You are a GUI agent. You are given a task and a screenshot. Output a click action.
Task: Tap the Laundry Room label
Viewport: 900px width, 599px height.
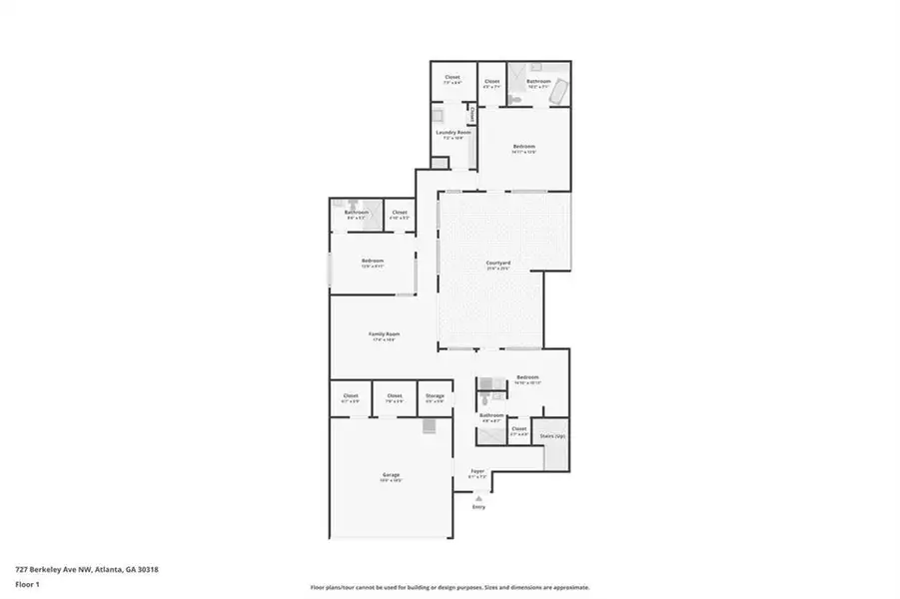(x=452, y=132)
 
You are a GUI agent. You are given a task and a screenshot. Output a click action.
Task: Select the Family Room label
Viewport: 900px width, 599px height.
(x=382, y=334)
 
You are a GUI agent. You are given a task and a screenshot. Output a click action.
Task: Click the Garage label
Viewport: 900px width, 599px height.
(x=390, y=474)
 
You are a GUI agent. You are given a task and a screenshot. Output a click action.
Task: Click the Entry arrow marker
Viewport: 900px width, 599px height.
(x=476, y=505)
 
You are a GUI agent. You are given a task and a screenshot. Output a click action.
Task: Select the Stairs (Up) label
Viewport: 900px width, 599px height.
(x=552, y=436)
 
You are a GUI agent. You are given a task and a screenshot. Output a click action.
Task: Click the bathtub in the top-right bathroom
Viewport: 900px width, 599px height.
(x=560, y=93)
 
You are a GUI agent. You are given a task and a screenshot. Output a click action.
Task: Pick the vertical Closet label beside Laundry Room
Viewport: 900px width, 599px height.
(x=471, y=113)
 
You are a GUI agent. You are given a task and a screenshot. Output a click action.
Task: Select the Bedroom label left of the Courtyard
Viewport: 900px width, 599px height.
(x=372, y=261)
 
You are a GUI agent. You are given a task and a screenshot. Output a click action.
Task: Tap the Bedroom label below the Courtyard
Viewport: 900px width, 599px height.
(x=526, y=377)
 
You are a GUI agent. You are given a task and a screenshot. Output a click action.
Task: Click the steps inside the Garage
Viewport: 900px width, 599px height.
(x=430, y=426)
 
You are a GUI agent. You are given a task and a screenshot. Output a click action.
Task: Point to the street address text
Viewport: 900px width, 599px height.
(x=86, y=569)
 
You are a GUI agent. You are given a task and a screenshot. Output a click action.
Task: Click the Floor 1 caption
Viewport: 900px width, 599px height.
(x=27, y=585)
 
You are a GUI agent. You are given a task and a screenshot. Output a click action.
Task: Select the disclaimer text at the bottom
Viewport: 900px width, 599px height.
(x=450, y=587)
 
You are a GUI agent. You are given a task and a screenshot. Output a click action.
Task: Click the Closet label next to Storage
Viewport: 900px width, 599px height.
(x=395, y=395)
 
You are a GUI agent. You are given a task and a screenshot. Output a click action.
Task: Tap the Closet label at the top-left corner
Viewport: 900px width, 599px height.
(x=451, y=77)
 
